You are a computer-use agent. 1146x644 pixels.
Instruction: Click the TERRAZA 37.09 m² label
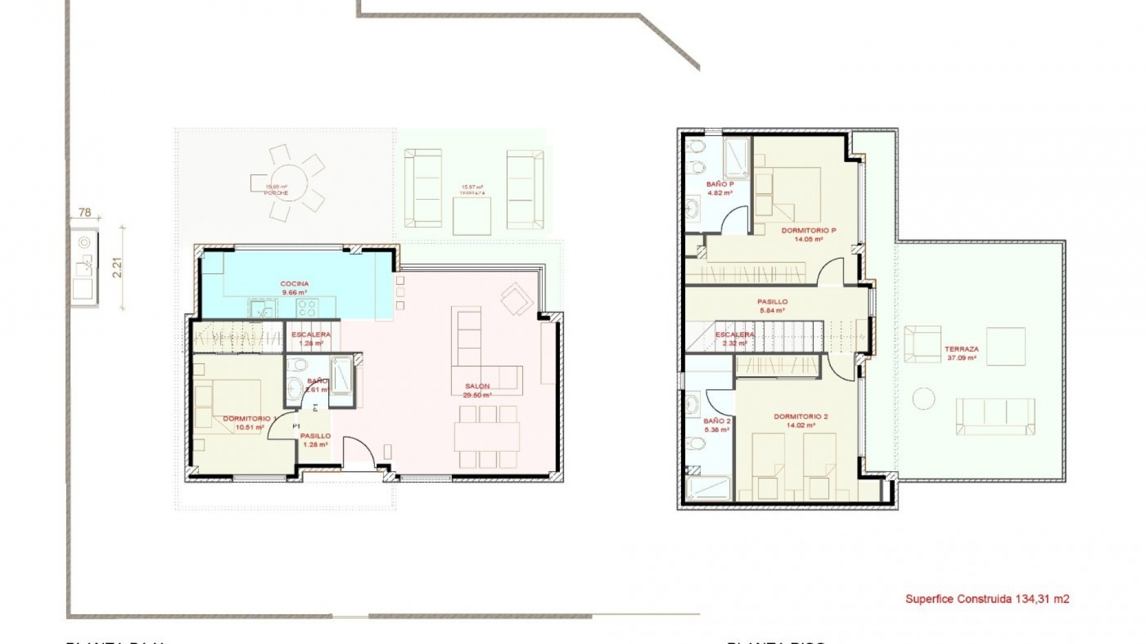(x=962, y=354)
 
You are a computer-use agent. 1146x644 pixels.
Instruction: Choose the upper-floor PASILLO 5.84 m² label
(x=773, y=306)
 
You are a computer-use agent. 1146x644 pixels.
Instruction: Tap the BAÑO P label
(x=719, y=188)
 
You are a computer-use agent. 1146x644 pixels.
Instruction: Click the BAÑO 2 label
(x=717, y=425)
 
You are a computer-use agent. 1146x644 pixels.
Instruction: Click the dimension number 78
(x=85, y=212)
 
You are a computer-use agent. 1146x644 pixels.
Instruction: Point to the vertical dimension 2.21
(x=118, y=267)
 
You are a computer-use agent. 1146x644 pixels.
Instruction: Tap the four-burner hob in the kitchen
(x=307, y=307)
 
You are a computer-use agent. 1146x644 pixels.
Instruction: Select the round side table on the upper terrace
(x=925, y=398)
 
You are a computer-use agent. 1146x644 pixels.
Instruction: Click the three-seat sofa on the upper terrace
(x=995, y=416)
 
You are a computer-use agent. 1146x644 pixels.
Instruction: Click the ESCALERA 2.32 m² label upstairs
(x=735, y=339)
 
